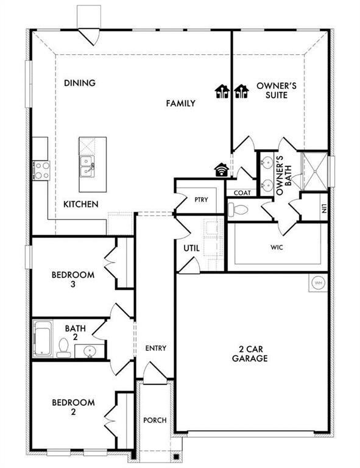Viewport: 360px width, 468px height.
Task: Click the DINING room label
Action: [x=80, y=83]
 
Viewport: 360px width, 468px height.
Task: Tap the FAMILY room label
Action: [x=181, y=104]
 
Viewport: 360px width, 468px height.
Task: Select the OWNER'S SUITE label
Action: [x=276, y=91]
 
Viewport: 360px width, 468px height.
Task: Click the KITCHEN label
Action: [x=81, y=204]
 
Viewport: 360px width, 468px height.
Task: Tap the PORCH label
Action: [x=155, y=420]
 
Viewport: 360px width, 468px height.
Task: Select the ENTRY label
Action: [x=155, y=348]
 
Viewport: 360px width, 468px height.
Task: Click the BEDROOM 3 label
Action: [x=72, y=279]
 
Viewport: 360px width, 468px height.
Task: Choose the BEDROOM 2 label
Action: [x=72, y=406]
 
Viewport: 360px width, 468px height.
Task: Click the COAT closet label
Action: [x=242, y=193]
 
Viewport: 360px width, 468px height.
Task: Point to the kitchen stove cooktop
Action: [x=41, y=169]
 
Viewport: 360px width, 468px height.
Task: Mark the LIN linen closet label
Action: [x=325, y=208]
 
